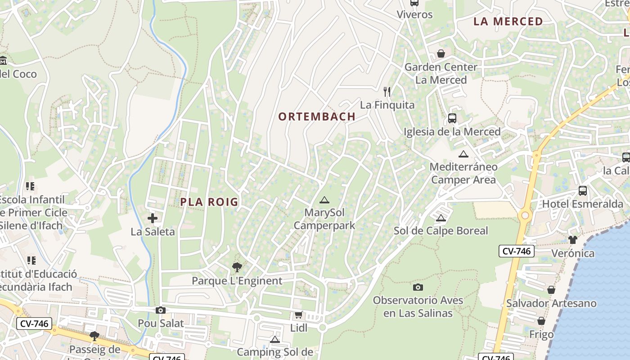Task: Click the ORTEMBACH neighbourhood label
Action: click(317, 117)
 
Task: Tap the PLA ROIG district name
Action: click(209, 202)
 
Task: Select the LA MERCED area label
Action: click(508, 22)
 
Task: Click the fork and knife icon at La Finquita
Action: click(387, 92)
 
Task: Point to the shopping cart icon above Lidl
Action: click(298, 315)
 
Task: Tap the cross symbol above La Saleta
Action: click(153, 218)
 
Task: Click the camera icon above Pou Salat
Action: click(161, 310)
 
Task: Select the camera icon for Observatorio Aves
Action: click(418, 287)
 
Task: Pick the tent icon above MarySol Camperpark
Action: click(324, 200)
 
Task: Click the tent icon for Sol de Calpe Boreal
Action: click(441, 218)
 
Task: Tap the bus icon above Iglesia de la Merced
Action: click(452, 118)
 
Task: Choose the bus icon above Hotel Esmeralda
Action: click(583, 190)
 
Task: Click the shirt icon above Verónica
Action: click(572, 239)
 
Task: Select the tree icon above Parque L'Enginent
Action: click(237, 267)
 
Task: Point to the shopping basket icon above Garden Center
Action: click(441, 54)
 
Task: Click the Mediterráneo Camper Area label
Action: click(463, 173)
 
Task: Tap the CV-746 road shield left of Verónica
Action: click(516, 251)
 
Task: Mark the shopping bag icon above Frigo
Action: click(541, 321)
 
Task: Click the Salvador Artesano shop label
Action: click(551, 303)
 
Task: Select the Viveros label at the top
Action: click(414, 14)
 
